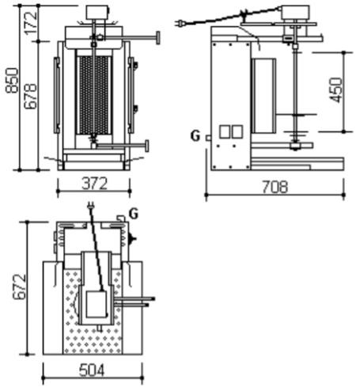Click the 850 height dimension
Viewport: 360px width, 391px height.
click(13, 81)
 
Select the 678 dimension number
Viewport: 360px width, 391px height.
click(30, 96)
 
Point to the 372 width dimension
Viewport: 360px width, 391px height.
click(95, 184)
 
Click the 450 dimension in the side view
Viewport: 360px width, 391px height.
click(336, 89)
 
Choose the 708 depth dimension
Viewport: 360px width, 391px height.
click(275, 187)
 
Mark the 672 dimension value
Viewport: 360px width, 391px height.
click(20, 287)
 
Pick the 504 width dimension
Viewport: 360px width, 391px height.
click(92, 370)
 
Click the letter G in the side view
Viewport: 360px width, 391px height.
click(195, 136)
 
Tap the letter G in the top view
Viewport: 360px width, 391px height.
click(134, 214)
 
